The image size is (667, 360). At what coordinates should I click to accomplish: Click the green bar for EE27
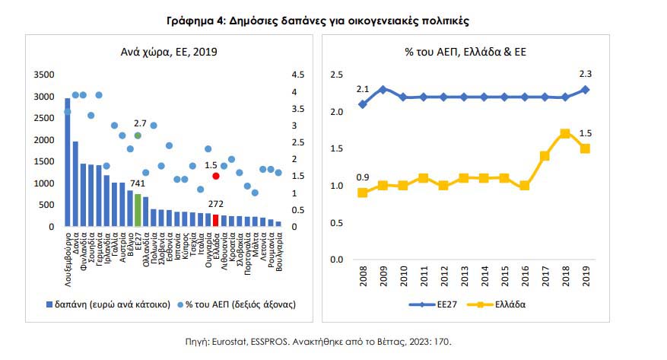[138, 210]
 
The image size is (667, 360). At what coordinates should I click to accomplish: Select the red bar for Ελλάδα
[216, 221]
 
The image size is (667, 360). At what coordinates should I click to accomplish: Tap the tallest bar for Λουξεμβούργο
[67, 162]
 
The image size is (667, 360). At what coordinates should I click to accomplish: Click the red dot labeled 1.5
[216, 176]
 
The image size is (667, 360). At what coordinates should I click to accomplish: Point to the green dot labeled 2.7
[138, 135]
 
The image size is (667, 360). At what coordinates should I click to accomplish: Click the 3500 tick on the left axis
[43, 75]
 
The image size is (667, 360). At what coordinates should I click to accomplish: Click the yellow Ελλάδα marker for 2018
[564, 133]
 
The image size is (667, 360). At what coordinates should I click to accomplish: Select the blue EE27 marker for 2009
[383, 90]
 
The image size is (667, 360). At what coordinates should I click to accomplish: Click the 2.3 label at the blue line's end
[586, 75]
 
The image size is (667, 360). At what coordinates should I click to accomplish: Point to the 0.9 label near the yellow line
[363, 178]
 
